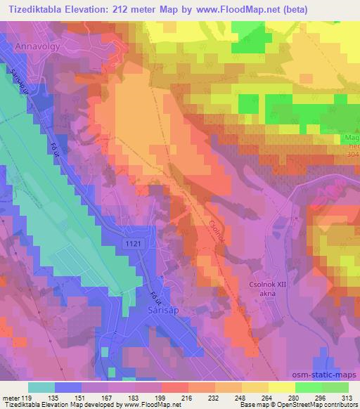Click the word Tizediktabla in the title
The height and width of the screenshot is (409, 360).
coord(32,8)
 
